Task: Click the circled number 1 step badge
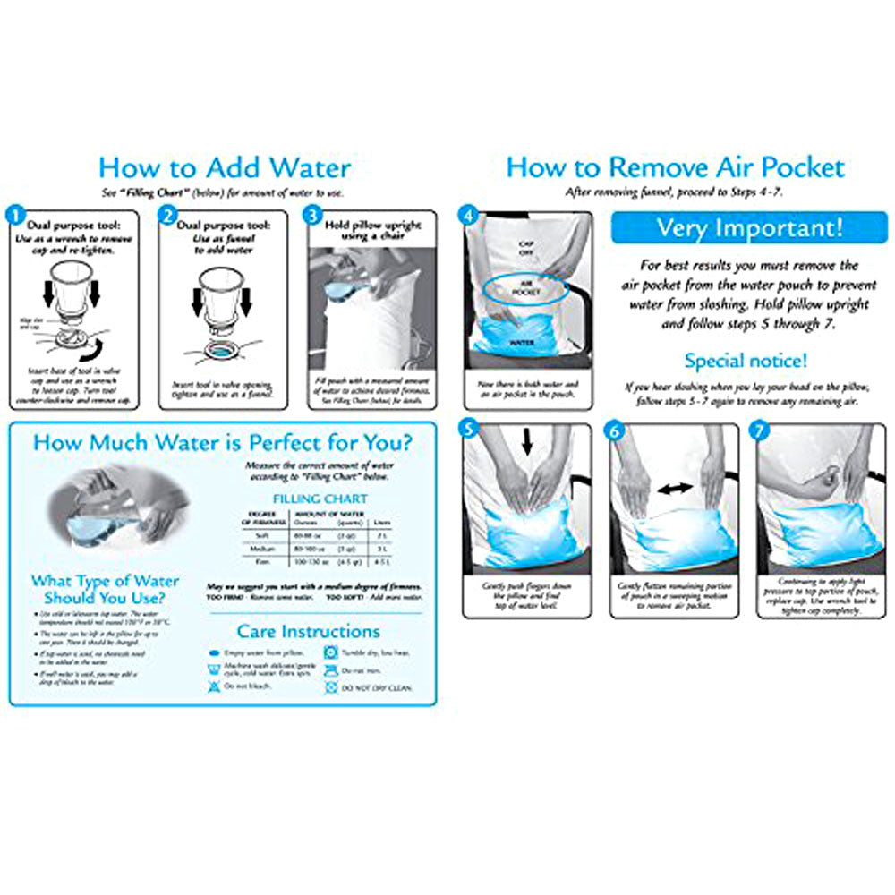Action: [15, 216]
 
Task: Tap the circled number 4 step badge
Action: [465, 216]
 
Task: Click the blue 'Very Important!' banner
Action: [749, 227]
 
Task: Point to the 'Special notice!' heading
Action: [746, 361]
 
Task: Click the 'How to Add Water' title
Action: [224, 167]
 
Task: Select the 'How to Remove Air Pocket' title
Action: [675, 167]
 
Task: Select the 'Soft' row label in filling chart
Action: [257, 535]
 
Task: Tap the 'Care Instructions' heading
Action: [308, 631]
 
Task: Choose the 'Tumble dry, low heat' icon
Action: [330, 653]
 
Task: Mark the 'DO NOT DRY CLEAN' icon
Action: [330, 687]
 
